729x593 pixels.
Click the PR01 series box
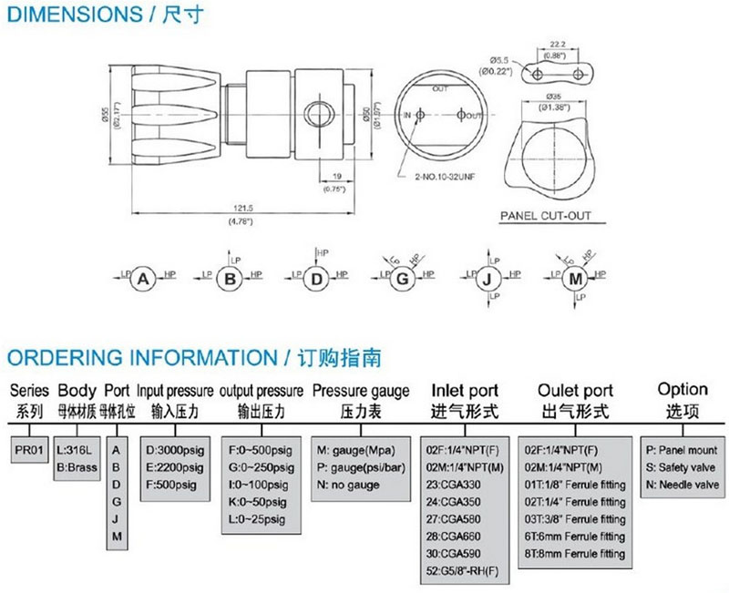click(x=28, y=449)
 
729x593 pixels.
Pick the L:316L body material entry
click(x=74, y=449)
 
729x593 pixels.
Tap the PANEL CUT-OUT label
click(x=546, y=216)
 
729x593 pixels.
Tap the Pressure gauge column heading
click(x=361, y=390)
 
